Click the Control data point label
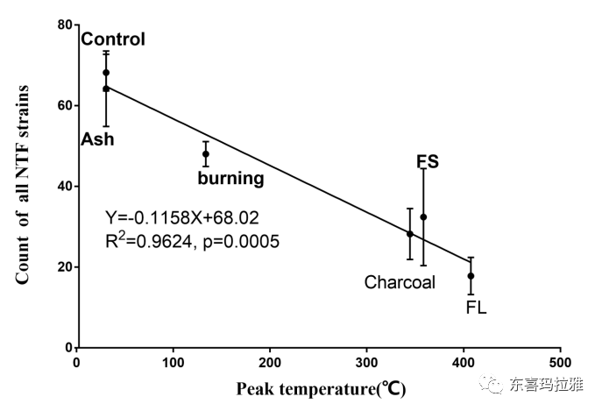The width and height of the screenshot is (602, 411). click(112, 39)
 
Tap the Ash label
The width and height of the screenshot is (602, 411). click(98, 138)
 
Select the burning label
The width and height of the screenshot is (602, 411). click(230, 179)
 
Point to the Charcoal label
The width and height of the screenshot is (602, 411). click(400, 282)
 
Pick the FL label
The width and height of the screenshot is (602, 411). click(476, 308)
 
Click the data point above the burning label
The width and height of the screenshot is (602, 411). click(206, 154)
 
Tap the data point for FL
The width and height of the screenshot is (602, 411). click(471, 276)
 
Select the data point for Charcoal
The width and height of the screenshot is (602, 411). click(410, 234)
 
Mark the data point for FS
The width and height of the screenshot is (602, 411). click(423, 217)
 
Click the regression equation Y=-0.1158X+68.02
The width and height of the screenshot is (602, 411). click(181, 216)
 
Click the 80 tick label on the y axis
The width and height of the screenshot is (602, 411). click(63, 25)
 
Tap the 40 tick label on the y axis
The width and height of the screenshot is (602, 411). click(63, 186)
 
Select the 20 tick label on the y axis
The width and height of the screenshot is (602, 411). click(63, 267)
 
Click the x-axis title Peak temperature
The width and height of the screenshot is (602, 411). click(320, 387)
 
